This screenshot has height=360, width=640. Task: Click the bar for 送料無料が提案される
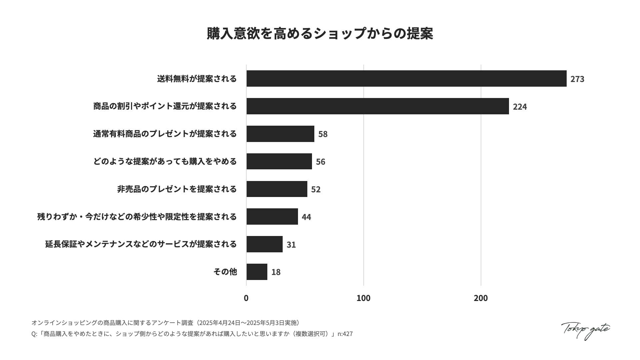(406, 79)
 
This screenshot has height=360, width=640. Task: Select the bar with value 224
(378, 106)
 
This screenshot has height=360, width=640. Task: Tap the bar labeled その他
(257, 272)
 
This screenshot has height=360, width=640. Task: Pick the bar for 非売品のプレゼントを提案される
(277, 189)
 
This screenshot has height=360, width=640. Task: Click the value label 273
(577, 79)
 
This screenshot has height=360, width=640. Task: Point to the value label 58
(323, 134)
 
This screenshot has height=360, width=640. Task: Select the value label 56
(320, 162)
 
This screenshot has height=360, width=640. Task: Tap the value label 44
(306, 217)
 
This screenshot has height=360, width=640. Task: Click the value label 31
(291, 245)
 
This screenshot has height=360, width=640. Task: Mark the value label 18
(276, 272)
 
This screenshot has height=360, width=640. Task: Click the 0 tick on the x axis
(246, 298)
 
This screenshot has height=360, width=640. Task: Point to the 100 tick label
(363, 298)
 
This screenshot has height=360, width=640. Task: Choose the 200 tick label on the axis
(481, 298)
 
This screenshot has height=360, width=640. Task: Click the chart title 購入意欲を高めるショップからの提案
(320, 34)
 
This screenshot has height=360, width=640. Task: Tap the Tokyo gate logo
(585, 330)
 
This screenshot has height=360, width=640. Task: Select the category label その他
(225, 272)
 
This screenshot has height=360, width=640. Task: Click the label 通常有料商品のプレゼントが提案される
(165, 134)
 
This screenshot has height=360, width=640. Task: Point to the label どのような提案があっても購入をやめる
(165, 161)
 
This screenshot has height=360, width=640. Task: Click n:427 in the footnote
(345, 334)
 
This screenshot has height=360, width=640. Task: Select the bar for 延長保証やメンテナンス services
(264, 244)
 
